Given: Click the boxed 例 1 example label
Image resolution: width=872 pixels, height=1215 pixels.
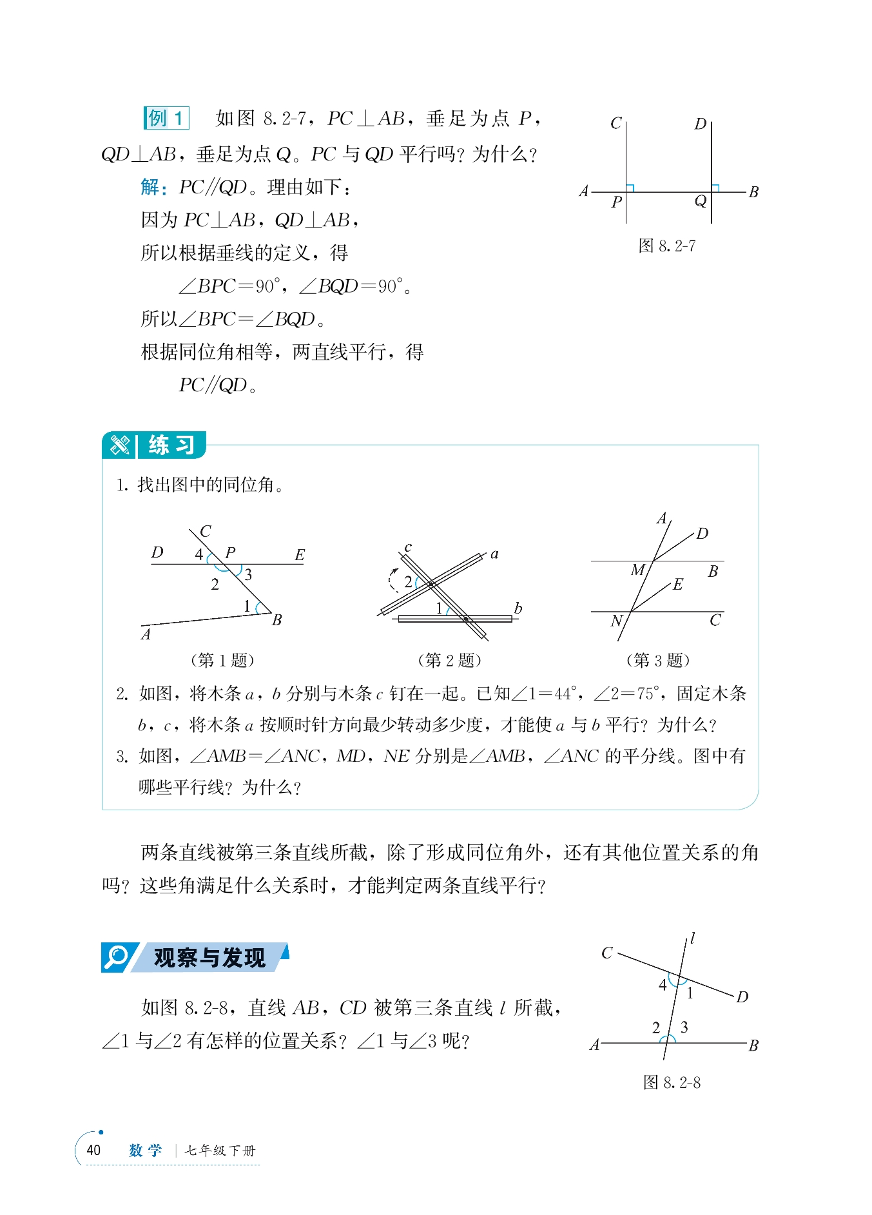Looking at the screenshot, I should (x=166, y=119).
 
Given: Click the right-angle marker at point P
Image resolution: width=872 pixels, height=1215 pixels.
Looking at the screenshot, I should (x=630, y=188).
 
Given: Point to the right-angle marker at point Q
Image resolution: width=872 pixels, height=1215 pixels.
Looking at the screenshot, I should (x=715, y=188).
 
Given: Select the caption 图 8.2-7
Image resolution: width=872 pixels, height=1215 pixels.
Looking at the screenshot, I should (x=666, y=246).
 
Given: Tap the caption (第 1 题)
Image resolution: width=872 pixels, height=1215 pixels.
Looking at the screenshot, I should (x=222, y=660).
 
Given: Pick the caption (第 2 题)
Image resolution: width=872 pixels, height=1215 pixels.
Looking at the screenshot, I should (x=449, y=660).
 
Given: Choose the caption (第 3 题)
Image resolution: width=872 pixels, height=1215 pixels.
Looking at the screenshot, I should (x=658, y=660).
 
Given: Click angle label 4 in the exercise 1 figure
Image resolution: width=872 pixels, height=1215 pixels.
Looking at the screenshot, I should (x=199, y=554).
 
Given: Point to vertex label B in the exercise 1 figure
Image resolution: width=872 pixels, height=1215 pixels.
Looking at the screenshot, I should (x=277, y=620).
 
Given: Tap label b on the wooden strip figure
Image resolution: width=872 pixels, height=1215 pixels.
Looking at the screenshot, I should (x=518, y=608).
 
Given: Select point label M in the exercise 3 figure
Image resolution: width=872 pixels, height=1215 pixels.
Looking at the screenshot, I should (x=637, y=570).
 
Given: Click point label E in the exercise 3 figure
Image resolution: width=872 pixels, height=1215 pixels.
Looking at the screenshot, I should (x=678, y=585).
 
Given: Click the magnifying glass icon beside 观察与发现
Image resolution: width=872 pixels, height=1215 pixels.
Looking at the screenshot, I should (x=117, y=957).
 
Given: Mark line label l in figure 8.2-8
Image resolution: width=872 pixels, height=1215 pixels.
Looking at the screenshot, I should (x=693, y=938).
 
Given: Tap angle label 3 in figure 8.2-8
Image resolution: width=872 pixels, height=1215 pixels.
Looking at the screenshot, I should (x=684, y=1027).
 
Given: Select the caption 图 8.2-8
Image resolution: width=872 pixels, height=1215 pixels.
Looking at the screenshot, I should (x=672, y=1082).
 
